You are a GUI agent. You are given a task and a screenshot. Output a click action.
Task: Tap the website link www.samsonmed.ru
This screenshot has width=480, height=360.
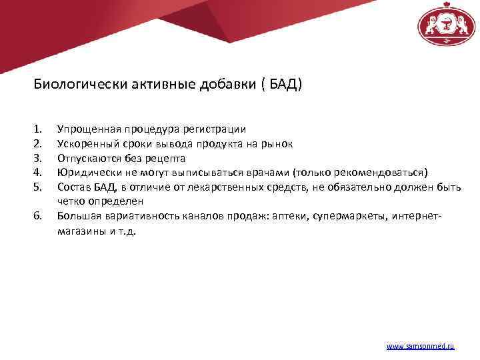pyautogui.click(x=421, y=347)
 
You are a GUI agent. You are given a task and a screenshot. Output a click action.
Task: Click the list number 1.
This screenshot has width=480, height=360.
pyautogui.click(x=37, y=128)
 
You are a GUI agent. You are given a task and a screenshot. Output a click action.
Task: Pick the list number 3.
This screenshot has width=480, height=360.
pyautogui.click(x=37, y=158)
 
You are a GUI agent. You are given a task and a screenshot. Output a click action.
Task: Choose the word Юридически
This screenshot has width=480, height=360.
pyautogui.click(x=85, y=172)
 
